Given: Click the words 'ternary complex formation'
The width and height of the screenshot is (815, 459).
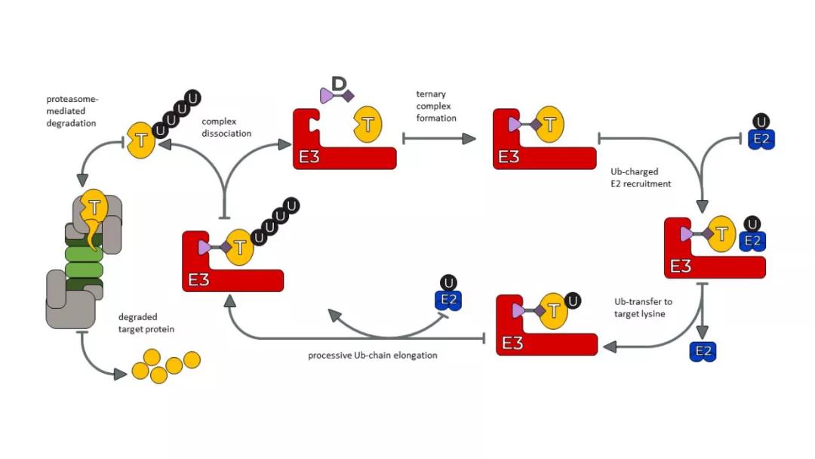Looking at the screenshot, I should (x=436, y=106).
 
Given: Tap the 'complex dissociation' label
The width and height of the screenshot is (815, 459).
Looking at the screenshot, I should (x=226, y=127).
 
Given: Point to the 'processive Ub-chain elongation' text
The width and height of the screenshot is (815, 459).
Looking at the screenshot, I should (x=373, y=355).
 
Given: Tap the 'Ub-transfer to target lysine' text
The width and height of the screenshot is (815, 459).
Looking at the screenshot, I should (x=643, y=307).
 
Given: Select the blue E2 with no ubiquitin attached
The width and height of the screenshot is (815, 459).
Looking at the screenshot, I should (x=703, y=351).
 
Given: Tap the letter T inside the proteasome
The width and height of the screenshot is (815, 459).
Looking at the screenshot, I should (x=94, y=205).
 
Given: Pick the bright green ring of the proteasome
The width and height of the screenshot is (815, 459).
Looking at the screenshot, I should (x=84, y=260).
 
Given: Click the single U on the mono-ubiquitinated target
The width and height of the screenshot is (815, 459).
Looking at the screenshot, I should (x=574, y=300).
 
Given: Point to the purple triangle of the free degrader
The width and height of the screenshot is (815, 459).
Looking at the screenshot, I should (x=327, y=96).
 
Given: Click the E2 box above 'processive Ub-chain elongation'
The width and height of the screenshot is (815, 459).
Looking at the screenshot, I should (x=448, y=300).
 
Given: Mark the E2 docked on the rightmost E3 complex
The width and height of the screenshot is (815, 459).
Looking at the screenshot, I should (x=752, y=241).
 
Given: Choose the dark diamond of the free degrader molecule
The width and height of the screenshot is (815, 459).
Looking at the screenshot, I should (x=348, y=97).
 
